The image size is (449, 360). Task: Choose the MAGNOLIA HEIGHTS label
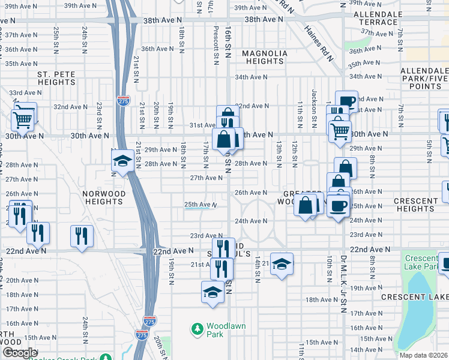tap(265, 57)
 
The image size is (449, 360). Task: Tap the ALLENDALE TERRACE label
tap(376, 17)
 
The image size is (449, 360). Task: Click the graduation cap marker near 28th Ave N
tap(122, 161)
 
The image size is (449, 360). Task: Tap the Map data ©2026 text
tap(423, 355)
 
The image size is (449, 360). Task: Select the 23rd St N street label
tap(98, 113)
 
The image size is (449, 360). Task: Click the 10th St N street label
tap(330, 268)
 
